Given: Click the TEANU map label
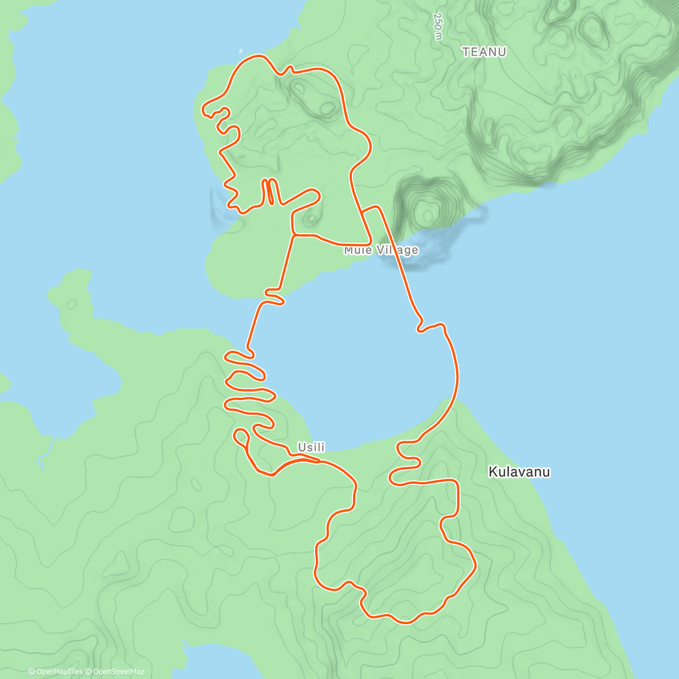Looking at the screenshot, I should tap(484, 52).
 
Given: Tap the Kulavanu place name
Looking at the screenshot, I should tap(519, 471).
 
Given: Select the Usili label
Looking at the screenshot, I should tap(311, 447).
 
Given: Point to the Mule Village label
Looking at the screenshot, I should tap(381, 250).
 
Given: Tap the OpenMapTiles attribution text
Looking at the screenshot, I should tap(56, 672).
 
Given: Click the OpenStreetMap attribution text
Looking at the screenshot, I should tap(119, 672).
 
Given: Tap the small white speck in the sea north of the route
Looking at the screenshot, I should tap(242, 50).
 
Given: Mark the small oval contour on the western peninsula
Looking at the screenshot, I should tap(72, 304).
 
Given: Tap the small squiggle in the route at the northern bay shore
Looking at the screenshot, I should tap(275, 296).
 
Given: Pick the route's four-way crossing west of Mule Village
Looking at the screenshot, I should tap(294, 234).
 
